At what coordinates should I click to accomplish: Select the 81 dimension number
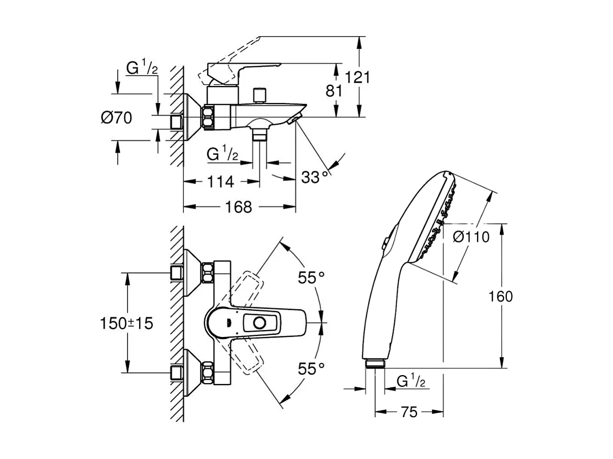coord(334,91)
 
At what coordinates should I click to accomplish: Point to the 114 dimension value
coord(220,181)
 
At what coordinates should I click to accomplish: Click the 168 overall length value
coord(239,207)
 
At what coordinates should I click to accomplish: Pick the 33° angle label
coord(314,177)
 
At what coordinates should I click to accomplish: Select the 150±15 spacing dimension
coord(126,323)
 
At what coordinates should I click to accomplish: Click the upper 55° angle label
coord(311,277)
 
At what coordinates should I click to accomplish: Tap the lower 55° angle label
coord(311,368)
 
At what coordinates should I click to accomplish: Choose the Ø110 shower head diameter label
coord(471,237)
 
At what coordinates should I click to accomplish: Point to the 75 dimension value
coord(409,412)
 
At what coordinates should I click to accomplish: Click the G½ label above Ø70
coord(141,68)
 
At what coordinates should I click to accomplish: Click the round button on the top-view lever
coord(261,323)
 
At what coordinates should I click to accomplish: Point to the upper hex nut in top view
coord(207,274)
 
